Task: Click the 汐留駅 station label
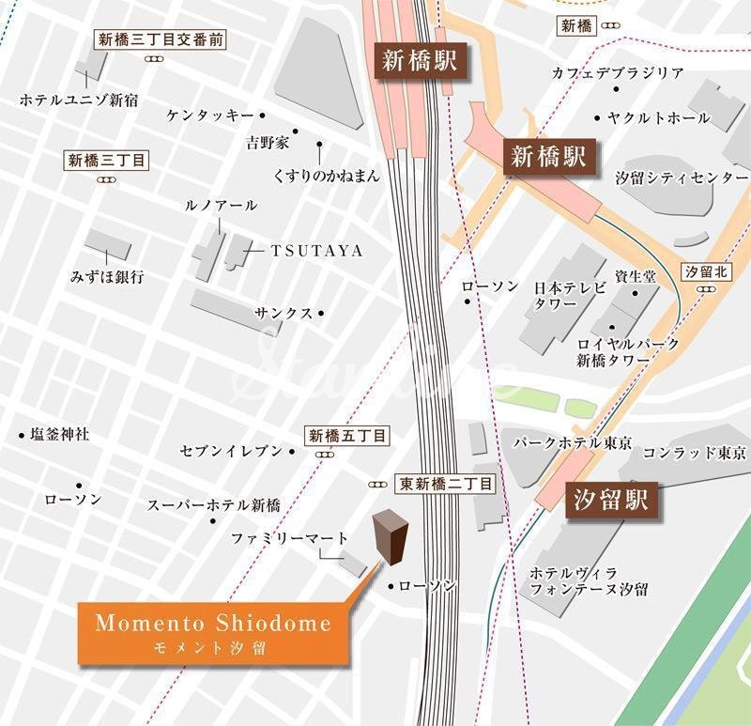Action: coord(611,500)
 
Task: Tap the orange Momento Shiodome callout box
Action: coord(213,631)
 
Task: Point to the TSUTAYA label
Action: coord(303,251)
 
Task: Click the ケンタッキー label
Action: coord(210,116)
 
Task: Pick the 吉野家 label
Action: coord(268,144)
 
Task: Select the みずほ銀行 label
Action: coord(107,277)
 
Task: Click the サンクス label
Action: coord(284,314)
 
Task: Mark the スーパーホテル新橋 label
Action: coord(213,505)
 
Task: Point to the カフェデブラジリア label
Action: coord(618,73)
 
